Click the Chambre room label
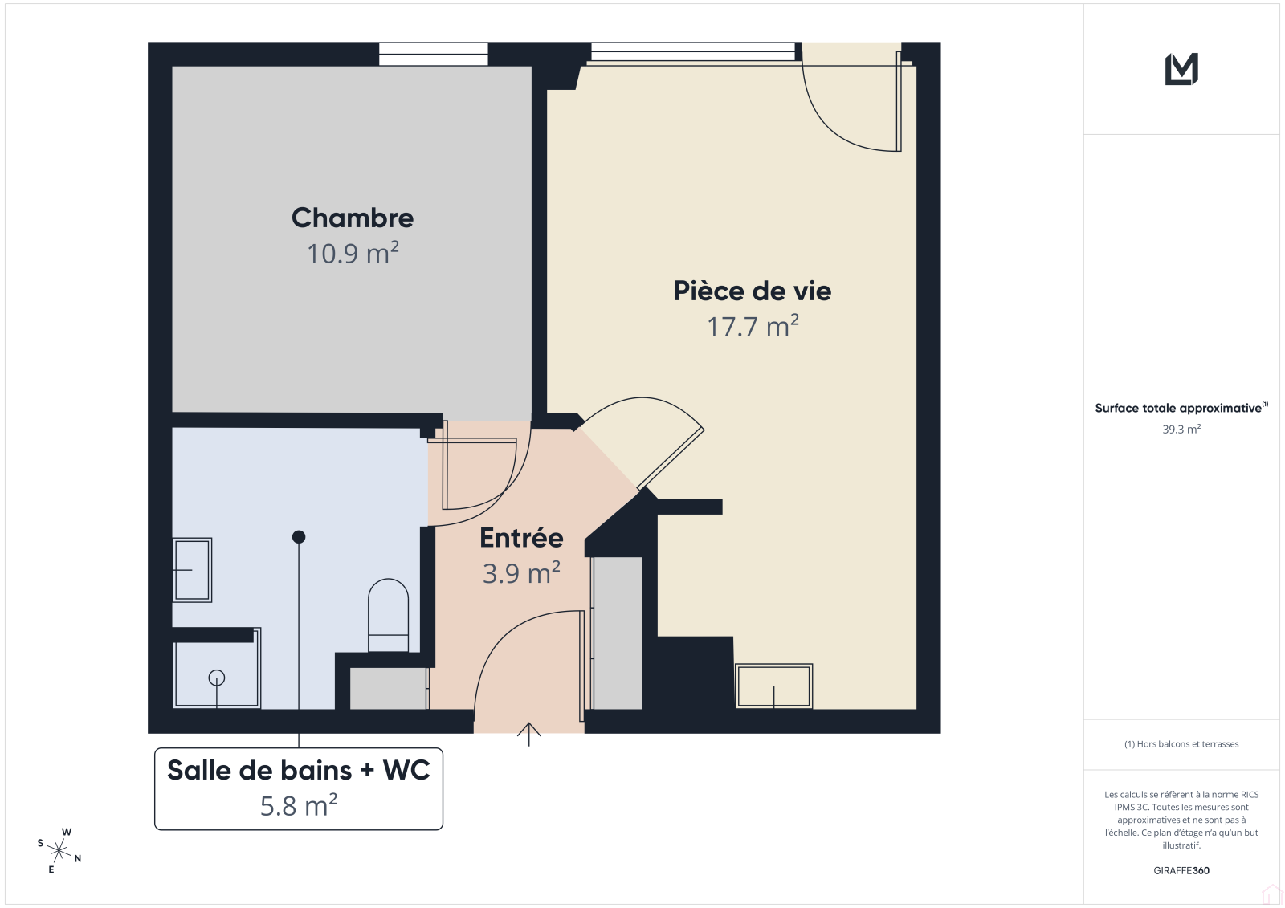pyautogui.click(x=353, y=218)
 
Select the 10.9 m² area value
pyautogui.click(x=353, y=253)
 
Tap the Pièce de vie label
pyautogui.click(x=752, y=291)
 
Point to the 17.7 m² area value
pyautogui.click(x=753, y=326)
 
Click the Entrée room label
pyautogui.click(x=521, y=537)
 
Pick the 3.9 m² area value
pyautogui.click(x=521, y=572)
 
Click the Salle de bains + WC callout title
pyautogui.click(x=298, y=770)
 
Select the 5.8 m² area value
pyautogui.click(x=298, y=805)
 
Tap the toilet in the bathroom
pyautogui.click(x=389, y=615)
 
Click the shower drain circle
pyautogui.click(x=217, y=678)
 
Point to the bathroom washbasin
pyautogui.click(x=193, y=569)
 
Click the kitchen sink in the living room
pyautogui.click(x=774, y=686)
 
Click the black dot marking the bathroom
pyautogui.click(x=298, y=537)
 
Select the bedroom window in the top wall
pyautogui.click(x=433, y=54)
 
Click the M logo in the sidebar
pyautogui.click(x=1181, y=69)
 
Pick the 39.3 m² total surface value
pyautogui.click(x=1181, y=429)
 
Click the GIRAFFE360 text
pyautogui.click(x=1181, y=870)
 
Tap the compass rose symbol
pyautogui.click(x=59, y=851)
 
